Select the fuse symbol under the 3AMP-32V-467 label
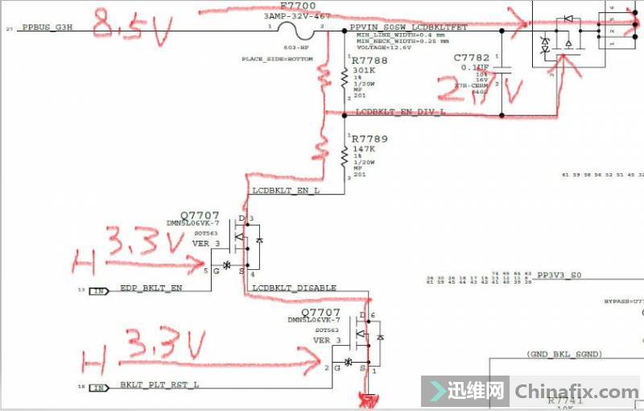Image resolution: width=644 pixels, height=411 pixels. tap(294, 29)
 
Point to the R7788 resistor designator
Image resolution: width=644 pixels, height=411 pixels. tap(369, 60)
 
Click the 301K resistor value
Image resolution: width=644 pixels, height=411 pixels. tap(363, 70)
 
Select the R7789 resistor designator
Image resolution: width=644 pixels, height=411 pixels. tap(369, 139)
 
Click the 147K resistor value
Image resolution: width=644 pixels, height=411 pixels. tap(363, 150)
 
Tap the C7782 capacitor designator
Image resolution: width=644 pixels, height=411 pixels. tap(471, 58)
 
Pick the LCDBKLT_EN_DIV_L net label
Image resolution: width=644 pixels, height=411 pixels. tap(400, 113)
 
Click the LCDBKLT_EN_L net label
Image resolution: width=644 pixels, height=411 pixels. tap(286, 192)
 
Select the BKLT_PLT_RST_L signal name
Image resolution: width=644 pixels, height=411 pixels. tap(159, 385)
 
